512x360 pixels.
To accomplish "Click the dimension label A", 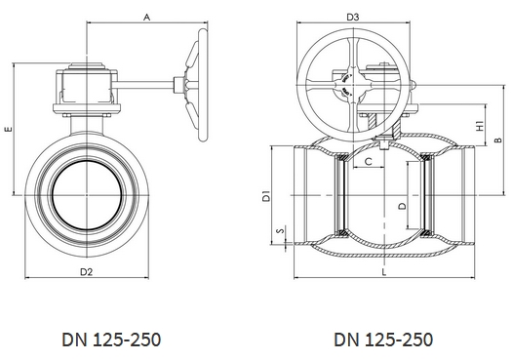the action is pos(147,17).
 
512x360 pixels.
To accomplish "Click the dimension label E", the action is pos(9,129).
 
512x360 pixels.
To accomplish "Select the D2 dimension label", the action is pos(87,272).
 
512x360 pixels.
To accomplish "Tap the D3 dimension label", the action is pos(353,17).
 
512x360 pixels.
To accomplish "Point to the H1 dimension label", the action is pos(480,126).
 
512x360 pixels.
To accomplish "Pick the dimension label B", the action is pos(498,140).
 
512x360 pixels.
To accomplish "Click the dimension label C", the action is pos(368,161).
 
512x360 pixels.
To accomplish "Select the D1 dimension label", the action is pos(267,195).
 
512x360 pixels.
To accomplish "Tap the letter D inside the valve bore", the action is pos(403,206).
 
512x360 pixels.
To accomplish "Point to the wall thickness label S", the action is pos(280,230).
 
